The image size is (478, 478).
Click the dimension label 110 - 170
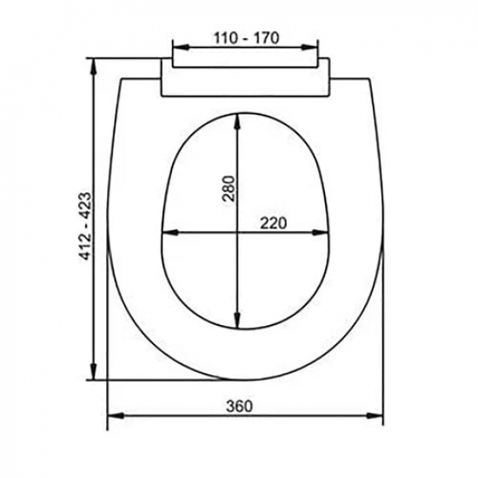246,38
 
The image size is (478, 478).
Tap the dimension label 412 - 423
85,226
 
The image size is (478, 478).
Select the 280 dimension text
229,189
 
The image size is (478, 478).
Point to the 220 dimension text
273,223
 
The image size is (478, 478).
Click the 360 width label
240,406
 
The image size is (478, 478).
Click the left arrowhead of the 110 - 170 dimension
181,47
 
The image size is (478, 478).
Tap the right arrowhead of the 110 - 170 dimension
309,47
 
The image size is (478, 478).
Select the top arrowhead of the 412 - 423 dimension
95,66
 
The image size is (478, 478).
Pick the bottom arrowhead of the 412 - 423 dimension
95,372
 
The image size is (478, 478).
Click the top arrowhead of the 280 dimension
238,122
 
